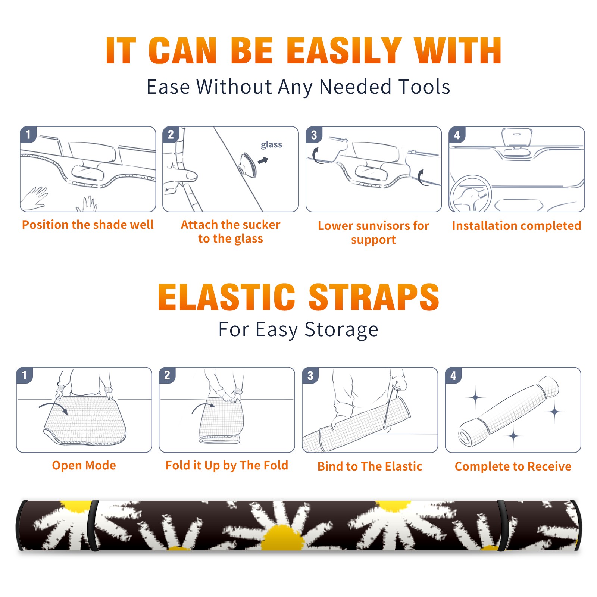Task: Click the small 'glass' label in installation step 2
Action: [x=271, y=144]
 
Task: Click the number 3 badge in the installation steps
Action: [x=314, y=135]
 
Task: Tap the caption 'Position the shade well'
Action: [x=88, y=225]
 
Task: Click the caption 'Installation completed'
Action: [x=516, y=225]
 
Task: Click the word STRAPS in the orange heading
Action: [x=374, y=297]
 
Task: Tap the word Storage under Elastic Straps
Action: [x=341, y=330]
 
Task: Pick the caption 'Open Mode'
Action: [x=84, y=465]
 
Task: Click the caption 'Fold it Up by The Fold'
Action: [x=226, y=465]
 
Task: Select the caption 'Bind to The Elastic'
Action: [x=369, y=466]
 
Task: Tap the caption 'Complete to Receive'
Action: [x=513, y=466]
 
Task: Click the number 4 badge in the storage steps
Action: [x=453, y=375]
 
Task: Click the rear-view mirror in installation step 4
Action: [x=516, y=137]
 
